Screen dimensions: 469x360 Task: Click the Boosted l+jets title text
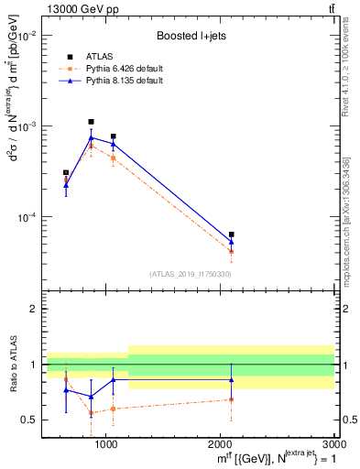[x=191, y=36]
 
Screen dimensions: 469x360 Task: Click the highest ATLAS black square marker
[x=91, y=122]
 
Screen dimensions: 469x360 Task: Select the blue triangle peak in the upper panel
[x=91, y=138]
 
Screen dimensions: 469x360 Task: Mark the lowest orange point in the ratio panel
[x=91, y=413]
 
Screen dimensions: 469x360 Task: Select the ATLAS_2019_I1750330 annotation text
[x=191, y=274]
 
